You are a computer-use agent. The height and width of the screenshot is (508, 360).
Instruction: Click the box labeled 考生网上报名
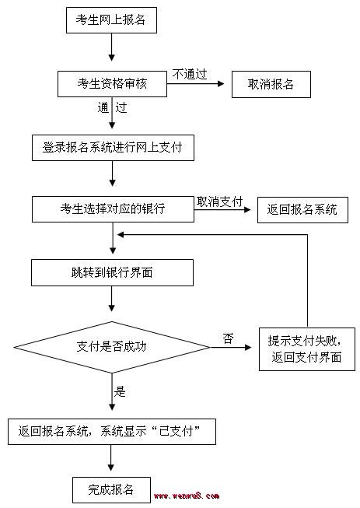[111, 20]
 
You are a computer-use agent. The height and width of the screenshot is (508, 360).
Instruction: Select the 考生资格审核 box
[112, 84]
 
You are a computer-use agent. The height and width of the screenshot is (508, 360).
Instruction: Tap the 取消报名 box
[271, 84]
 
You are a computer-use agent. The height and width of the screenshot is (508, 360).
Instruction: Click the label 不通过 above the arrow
[190, 74]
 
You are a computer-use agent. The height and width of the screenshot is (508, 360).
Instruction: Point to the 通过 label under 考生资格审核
[112, 107]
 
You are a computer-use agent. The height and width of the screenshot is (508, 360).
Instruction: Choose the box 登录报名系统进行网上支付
[113, 148]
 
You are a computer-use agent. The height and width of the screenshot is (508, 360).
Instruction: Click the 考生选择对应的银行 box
[113, 209]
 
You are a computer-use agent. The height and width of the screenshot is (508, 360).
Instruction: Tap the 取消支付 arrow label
[219, 201]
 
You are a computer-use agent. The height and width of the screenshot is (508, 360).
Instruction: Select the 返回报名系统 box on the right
[302, 209]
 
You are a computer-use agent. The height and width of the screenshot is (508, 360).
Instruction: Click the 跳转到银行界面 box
[112, 272]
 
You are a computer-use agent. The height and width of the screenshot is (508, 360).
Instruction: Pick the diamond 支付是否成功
[112, 347]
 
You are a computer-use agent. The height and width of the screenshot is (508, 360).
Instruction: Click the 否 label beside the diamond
[228, 338]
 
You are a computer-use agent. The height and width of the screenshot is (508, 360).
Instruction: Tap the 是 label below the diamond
[120, 391]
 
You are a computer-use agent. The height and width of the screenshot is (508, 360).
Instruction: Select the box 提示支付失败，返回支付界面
[307, 349]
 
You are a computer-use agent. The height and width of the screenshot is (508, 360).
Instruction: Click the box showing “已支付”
[112, 432]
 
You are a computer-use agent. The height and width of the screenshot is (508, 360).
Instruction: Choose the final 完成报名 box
[111, 489]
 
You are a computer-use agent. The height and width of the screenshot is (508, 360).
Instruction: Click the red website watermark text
[187, 496]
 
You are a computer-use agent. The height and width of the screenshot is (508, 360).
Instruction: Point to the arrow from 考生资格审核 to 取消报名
[195, 84]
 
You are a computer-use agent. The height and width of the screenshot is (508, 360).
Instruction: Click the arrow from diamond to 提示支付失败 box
[231, 347]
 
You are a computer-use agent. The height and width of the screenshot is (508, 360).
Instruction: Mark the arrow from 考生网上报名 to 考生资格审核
[112, 47]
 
